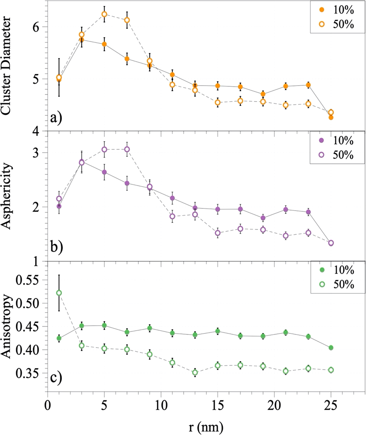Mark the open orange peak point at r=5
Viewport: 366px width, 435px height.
point(104,14)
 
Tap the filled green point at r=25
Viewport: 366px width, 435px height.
point(331,348)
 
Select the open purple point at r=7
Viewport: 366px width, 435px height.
point(127,149)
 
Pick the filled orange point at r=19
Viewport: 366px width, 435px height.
point(263,94)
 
